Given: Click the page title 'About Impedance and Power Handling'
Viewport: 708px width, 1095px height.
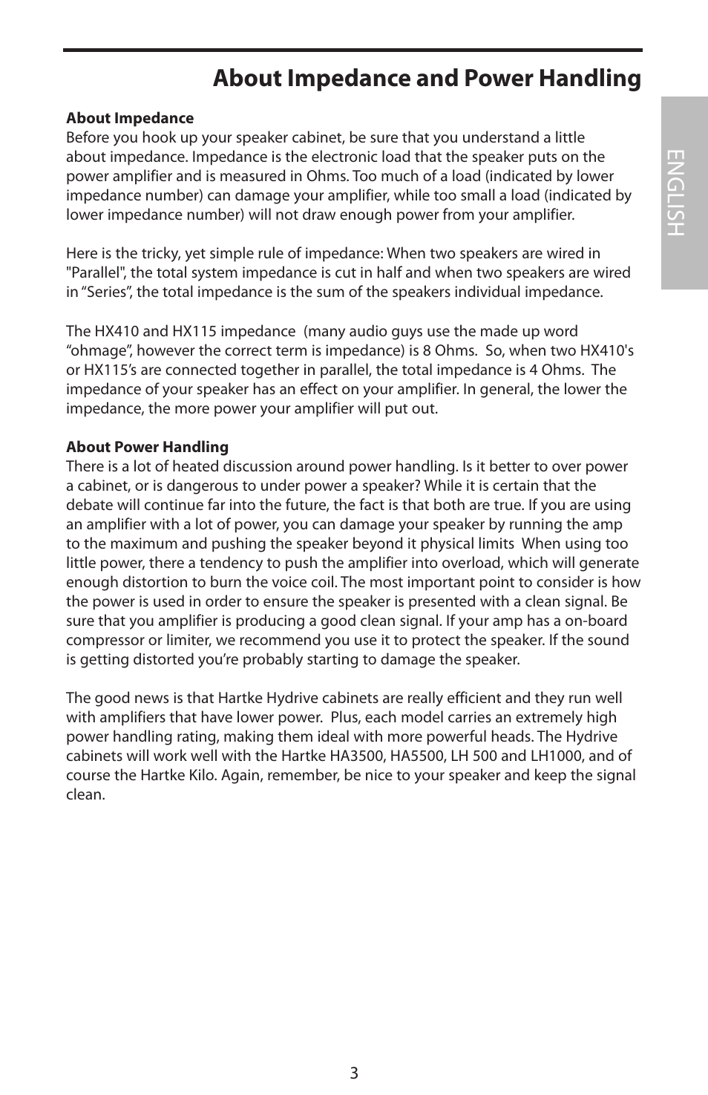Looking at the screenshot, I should coord(427,79).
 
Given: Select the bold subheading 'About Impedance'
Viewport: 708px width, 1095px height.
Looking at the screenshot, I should coord(130,118).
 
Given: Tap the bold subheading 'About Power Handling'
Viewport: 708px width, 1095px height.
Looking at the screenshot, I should coord(147,447).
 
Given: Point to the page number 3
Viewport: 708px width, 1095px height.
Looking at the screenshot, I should coord(354,1073).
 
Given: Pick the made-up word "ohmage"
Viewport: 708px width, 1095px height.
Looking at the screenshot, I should coord(98,350).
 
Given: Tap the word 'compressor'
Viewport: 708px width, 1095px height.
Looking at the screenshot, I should coord(102,640).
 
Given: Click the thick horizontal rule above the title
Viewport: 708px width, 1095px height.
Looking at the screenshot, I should coord(353,50).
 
